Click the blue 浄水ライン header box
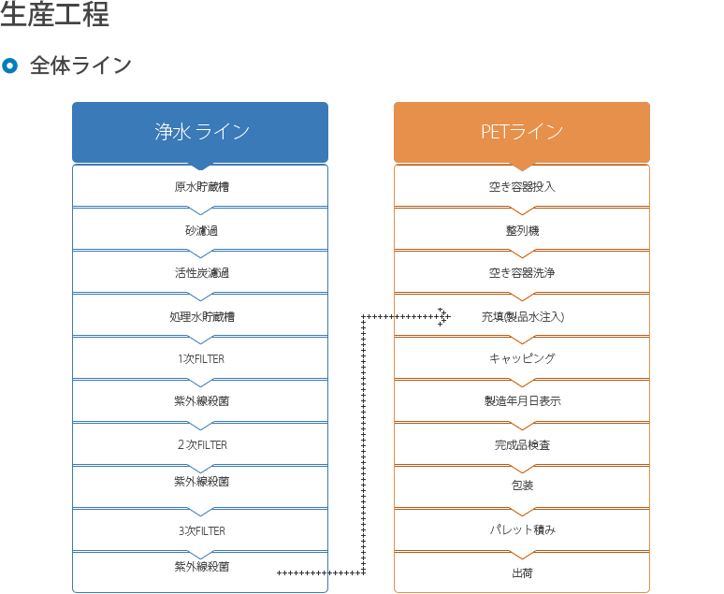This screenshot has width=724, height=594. click(200, 132)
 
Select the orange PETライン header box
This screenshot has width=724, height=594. click(522, 132)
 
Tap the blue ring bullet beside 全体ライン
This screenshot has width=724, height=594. click(9, 65)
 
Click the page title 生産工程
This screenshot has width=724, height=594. click(54, 14)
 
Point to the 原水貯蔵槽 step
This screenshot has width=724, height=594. click(202, 186)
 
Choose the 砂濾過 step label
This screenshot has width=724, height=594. click(202, 230)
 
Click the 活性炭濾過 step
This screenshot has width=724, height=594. click(202, 273)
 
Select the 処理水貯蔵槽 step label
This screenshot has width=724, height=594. click(202, 316)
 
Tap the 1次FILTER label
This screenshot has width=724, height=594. click(201, 359)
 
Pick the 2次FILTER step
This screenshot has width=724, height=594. click(202, 445)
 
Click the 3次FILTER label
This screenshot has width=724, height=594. click(202, 530)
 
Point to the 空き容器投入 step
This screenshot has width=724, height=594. click(522, 186)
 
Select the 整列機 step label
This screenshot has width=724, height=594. click(522, 230)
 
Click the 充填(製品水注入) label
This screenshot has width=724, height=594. click(523, 316)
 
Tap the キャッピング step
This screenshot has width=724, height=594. click(522, 358)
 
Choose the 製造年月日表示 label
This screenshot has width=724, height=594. click(523, 401)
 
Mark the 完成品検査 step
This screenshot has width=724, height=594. click(522, 445)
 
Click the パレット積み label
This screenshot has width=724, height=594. click(523, 529)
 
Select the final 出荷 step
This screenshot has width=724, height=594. click(522, 573)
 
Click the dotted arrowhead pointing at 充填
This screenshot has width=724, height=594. click(444, 317)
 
